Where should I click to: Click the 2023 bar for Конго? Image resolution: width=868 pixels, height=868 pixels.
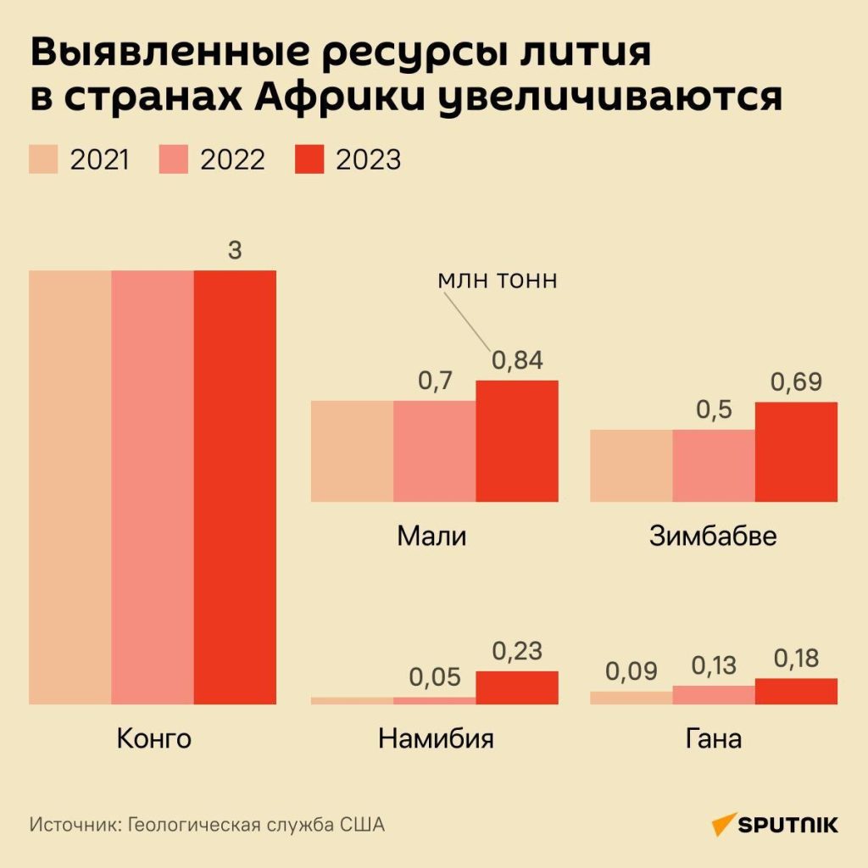click(235, 487)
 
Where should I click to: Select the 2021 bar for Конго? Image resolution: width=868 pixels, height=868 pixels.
click(70, 487)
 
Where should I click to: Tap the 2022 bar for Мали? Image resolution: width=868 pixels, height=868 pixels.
click(434, 450)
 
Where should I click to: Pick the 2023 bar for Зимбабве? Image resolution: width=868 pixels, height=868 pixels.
click(796, 451)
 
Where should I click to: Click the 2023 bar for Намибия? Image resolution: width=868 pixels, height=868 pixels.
click(517, 687)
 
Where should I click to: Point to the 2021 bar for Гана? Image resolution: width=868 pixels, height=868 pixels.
click(631, 698)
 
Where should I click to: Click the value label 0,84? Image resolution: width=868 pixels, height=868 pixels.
click(517, 361)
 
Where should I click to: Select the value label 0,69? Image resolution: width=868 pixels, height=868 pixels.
click(796, 382)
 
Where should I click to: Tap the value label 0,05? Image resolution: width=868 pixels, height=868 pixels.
click(434, 677)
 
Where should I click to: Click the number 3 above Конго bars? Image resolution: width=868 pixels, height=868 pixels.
click(235, 251)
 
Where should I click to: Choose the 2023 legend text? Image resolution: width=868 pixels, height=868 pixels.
click(368, 159)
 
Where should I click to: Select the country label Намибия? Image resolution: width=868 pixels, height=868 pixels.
click(436, 738)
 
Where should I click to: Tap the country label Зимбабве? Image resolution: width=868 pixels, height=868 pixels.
click(713, 537)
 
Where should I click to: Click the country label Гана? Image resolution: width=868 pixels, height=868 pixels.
click(713, 738)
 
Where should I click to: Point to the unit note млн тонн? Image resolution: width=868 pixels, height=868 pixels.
click(498, 281)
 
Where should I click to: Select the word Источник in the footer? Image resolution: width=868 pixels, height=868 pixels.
click(75, 825)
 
